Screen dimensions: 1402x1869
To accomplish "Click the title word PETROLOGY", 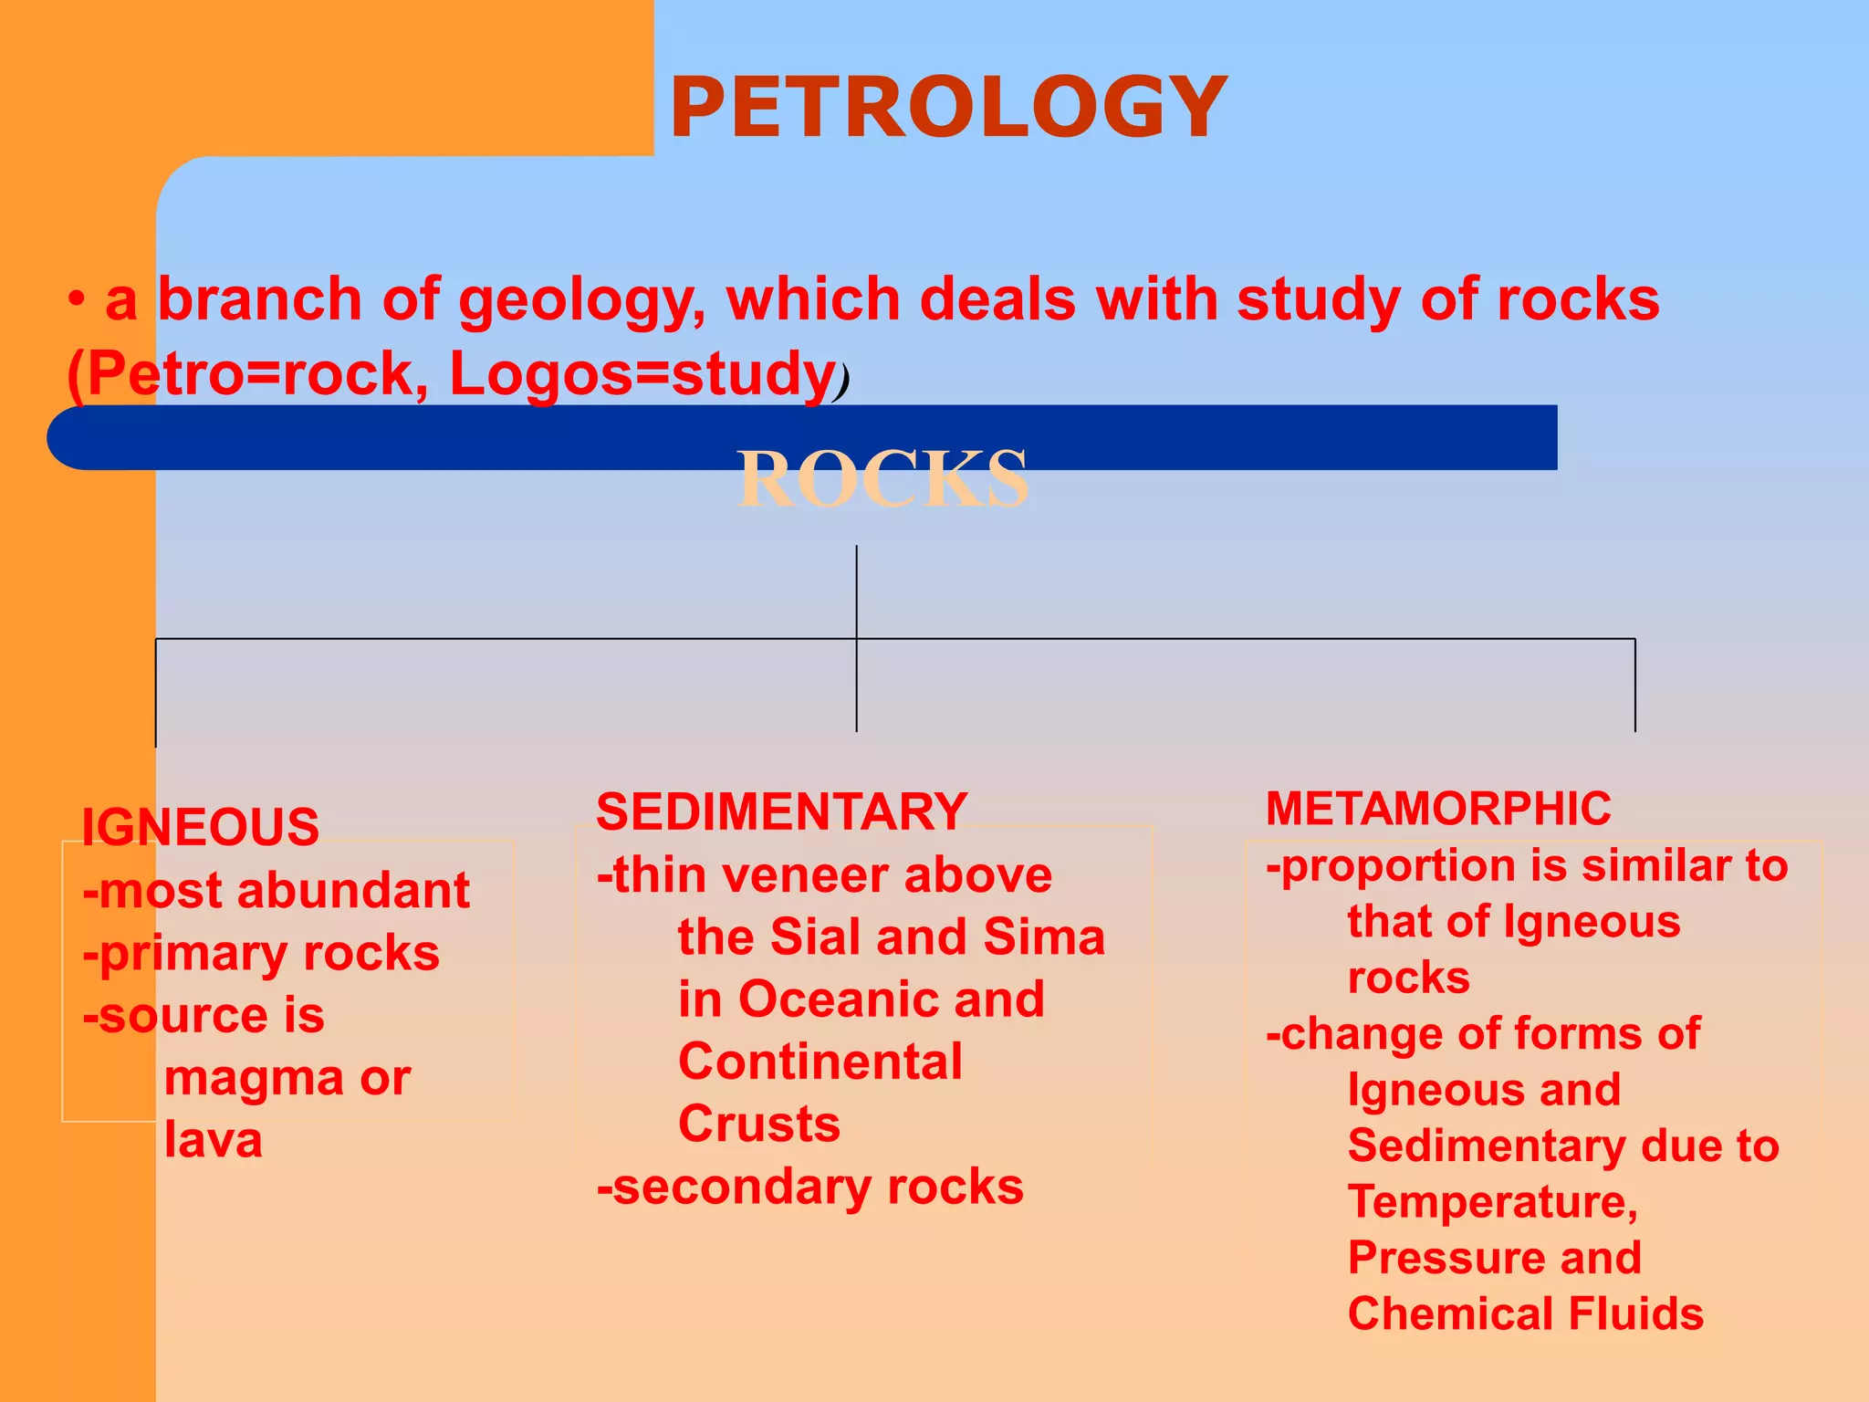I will coord(948,108).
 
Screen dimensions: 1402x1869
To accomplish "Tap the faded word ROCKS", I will coord(882,479).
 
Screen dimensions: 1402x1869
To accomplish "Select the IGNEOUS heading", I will coord(201,827).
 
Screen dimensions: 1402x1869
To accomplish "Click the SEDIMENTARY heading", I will coord(781,811).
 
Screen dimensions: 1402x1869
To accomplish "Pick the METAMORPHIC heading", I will coord(1438,809).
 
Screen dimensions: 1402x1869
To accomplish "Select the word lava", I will coord(214,1140).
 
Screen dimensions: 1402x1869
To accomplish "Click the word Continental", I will coord(820,1062).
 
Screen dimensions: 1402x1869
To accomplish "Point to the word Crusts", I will coord(759,1124).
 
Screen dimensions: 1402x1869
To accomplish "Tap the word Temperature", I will coord(1493,1202).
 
